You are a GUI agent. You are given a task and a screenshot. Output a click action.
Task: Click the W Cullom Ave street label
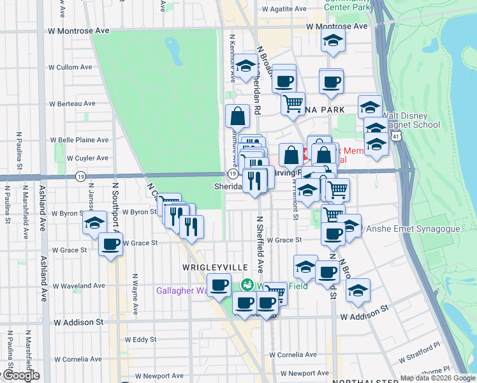pyautogui.click(x=71, y=67)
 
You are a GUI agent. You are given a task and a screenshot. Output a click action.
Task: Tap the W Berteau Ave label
pyautogui.click(x=71, y=103)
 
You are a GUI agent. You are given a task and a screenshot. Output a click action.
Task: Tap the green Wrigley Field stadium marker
pyautogui.click(x=246, y=285)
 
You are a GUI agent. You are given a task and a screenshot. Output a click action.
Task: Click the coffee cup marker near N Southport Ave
pyautogui.click(x=111, y=243)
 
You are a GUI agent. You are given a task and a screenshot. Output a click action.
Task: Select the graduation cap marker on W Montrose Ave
pyautogui.click(x=333, y=40)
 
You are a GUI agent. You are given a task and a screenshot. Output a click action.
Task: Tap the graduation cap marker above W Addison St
pyautogui.click(x=358, y=289)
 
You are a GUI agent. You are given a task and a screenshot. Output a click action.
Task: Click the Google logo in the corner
pyautogui.click(x=20, y=375)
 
